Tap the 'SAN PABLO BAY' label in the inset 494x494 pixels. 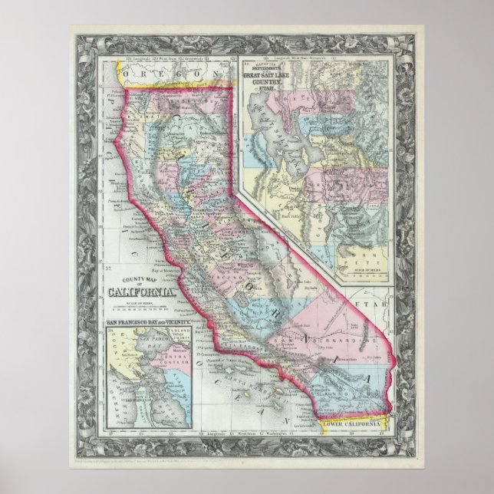[153, 340]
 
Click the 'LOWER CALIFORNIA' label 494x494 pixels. [352, 423]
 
